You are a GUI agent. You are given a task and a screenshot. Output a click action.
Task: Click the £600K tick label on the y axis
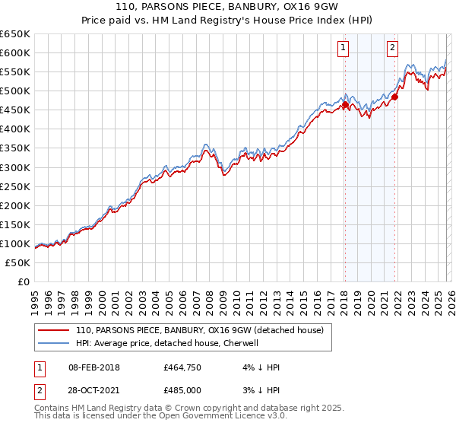[15, 52]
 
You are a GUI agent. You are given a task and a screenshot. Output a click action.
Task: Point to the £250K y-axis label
[15, 186]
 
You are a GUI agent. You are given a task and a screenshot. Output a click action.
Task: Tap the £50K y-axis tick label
[18, 262]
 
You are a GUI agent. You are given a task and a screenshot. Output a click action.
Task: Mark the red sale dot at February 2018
[344, 105]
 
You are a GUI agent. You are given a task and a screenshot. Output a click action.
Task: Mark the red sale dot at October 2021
[394, 97]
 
